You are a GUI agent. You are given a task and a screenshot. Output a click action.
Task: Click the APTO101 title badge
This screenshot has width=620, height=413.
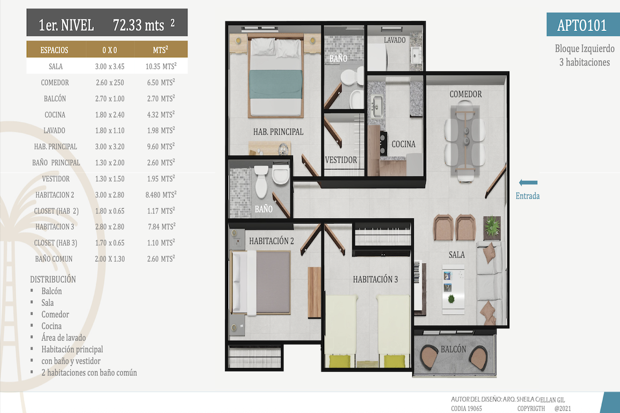tap(583, 25)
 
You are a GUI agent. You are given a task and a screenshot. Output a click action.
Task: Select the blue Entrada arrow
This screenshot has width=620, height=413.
tap(528, 182)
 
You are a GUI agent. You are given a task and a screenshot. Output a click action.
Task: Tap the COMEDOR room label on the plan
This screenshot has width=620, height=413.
tap(465, 94)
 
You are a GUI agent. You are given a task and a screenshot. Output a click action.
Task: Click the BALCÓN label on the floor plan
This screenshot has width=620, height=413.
tap(454, 349)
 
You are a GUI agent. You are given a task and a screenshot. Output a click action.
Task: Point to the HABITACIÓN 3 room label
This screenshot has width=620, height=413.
tap(375, 279)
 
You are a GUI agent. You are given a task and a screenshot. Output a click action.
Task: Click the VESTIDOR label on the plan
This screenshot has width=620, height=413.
tap(341, 160)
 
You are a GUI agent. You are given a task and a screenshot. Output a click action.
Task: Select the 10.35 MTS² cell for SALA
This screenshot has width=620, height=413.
tap(161, 66)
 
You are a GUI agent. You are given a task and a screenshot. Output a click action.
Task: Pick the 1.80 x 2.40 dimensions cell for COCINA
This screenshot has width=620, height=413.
tap(110, 115)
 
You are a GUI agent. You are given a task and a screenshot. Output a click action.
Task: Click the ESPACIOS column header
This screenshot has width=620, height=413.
tap(54, 50)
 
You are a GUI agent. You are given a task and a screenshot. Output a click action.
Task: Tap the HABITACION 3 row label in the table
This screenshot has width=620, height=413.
tap(55, 227)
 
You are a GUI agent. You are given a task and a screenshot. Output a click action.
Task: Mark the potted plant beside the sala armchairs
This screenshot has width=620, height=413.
tap(492, 227)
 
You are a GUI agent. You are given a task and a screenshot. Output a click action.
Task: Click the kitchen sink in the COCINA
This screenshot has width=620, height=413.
tap(376, 106)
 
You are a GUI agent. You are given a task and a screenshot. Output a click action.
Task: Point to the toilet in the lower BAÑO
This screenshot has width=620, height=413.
tap(261, 182)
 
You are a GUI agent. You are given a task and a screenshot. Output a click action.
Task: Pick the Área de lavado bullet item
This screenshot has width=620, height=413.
tap(64, 337)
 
